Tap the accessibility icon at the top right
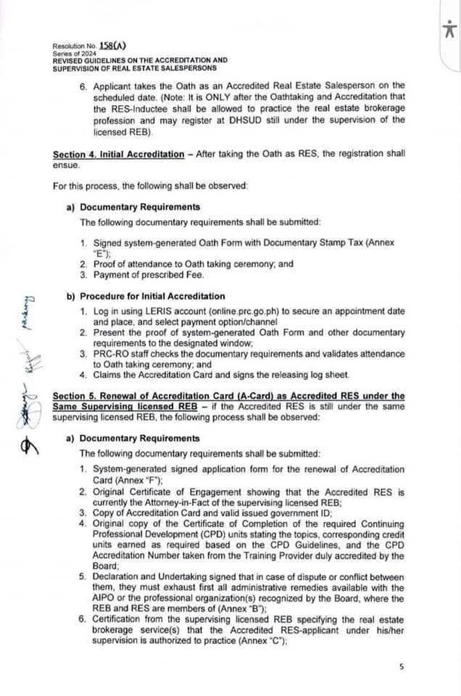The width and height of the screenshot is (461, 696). (448, 30)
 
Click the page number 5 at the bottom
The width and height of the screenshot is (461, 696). (401, 666)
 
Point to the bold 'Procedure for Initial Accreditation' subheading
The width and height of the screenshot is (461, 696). (152, 296)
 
